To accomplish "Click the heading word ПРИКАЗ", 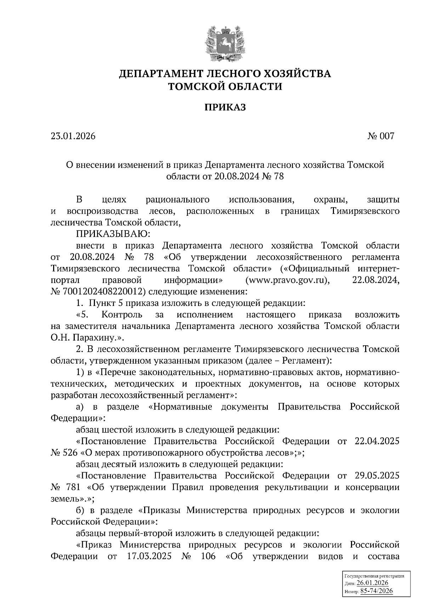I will (225, 107).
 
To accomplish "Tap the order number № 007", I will (381, 136).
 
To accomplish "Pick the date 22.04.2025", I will (377, 441).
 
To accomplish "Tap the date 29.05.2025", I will (377, 476).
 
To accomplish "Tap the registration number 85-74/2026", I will (376, 591).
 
